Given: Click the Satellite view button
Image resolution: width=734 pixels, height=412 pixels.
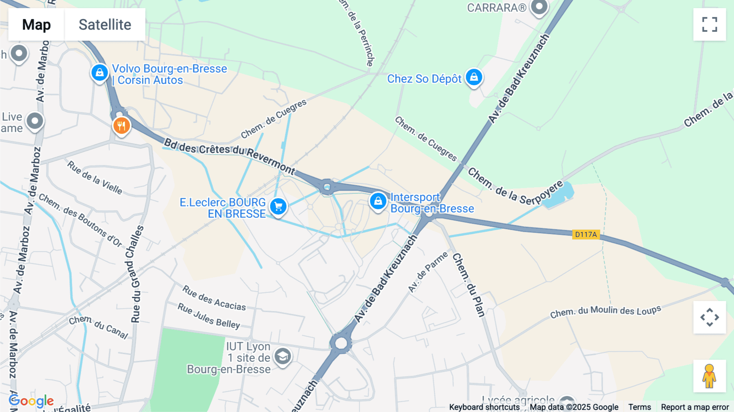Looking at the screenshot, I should click(105, 24).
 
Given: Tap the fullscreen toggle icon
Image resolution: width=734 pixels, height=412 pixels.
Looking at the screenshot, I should click(710, 24).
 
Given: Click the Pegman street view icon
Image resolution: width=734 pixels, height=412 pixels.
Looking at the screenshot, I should click(709, 376).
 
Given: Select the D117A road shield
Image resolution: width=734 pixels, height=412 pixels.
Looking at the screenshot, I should click(586, 235).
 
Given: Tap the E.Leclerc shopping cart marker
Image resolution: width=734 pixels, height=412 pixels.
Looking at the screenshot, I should click(279, 206).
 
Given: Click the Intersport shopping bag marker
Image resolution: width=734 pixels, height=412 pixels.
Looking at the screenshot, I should click(378, 201).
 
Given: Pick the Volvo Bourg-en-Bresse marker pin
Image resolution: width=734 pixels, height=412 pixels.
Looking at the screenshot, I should click(99, 73).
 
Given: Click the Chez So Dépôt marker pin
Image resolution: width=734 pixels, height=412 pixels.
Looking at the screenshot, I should click(474, 77).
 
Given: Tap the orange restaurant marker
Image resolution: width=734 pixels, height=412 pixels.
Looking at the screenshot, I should click(122, 126).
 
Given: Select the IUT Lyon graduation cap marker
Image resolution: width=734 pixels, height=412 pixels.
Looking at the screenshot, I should click(283, 357).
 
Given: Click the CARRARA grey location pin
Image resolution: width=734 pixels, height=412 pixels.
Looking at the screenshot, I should click(539, 7).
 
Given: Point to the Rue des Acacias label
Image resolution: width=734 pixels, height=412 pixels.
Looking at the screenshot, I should click(214, 298).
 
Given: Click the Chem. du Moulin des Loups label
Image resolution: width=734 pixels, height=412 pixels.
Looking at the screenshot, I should click(606, 312).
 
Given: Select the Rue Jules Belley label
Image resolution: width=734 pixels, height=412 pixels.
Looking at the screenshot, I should click(209, 316).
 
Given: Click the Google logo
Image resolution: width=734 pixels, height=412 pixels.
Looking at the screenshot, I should click(31, 401).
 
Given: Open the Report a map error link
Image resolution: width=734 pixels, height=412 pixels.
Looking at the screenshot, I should click(695, 407).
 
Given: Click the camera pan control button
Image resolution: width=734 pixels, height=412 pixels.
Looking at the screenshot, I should click(710, 317).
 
